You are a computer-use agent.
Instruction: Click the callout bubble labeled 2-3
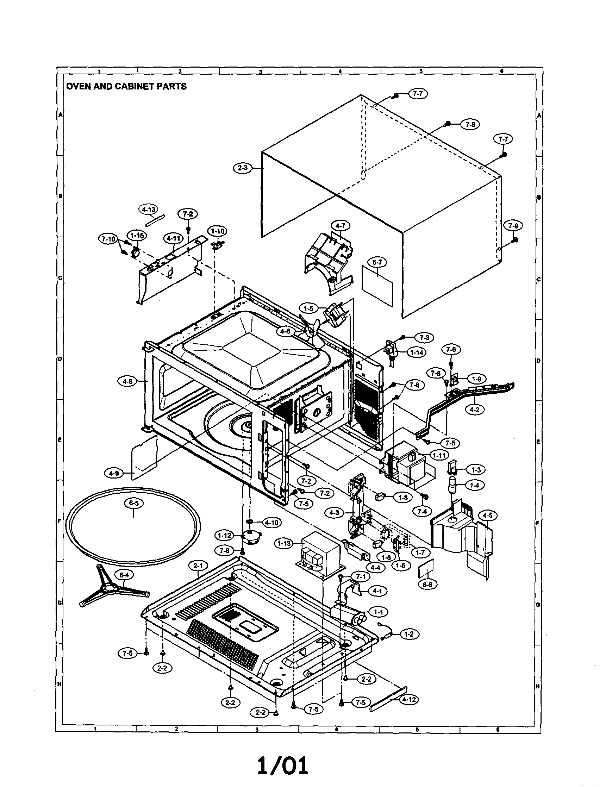coord(242,168)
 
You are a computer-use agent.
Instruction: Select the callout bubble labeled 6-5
coord(133,504)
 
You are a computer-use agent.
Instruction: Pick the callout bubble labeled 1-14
coord(416,352)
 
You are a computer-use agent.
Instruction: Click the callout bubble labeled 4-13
coord(148,210)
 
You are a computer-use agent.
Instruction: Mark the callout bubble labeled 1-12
coord(225,536)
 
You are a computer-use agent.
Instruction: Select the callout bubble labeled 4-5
coord(487,516)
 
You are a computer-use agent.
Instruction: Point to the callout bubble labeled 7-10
coord(108,238)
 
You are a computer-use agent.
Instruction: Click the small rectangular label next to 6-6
coord(426,568)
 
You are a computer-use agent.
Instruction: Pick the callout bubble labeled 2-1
coord(198,566)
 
